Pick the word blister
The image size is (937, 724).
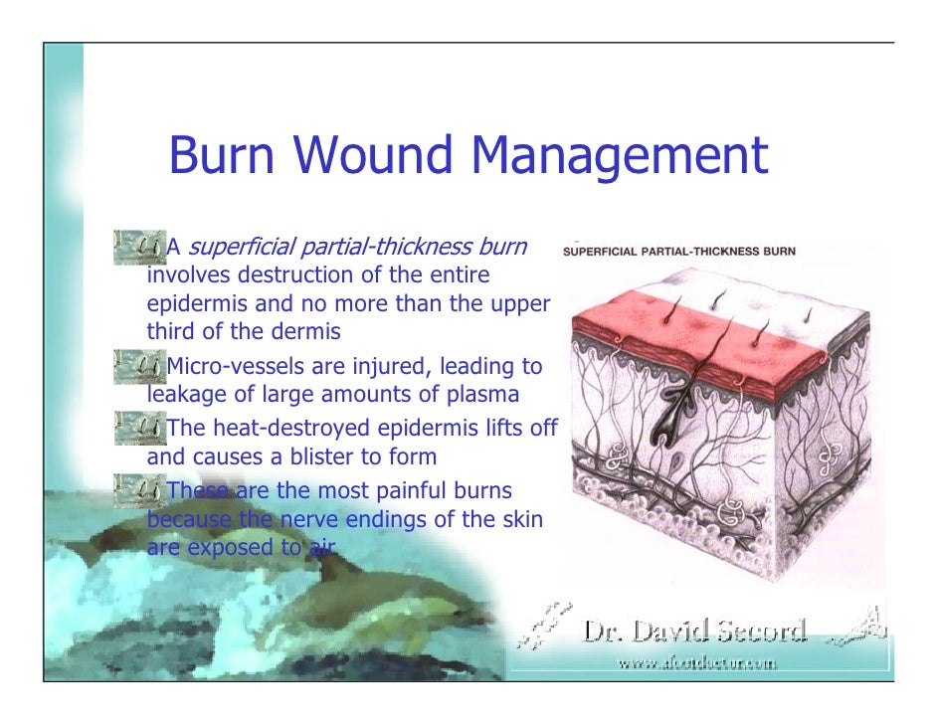[324, 457]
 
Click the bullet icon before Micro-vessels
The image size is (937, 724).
[139, 364]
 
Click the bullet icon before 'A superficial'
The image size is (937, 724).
[139, 243]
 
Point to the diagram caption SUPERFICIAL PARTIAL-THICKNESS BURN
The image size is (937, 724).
[678, 251]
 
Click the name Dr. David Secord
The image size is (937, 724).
[694, 632]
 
